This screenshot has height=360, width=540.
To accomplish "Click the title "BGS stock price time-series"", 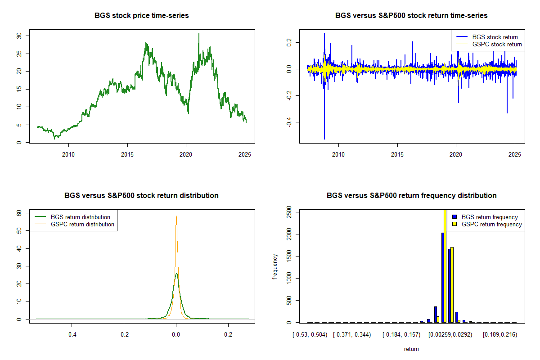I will click(x=141, y=15).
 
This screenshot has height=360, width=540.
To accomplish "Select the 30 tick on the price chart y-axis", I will click(x=19, y=36).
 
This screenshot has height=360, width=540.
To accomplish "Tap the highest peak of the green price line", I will click(x=198, y=34).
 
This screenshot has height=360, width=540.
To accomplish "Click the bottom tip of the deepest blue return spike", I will click(x=324, y=139).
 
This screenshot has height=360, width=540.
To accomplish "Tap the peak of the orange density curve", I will click(x=176, y=216).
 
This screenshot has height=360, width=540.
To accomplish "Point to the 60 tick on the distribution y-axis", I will click(x=19, y=213).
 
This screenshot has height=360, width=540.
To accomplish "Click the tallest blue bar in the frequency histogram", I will click(x=443, y=277).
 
